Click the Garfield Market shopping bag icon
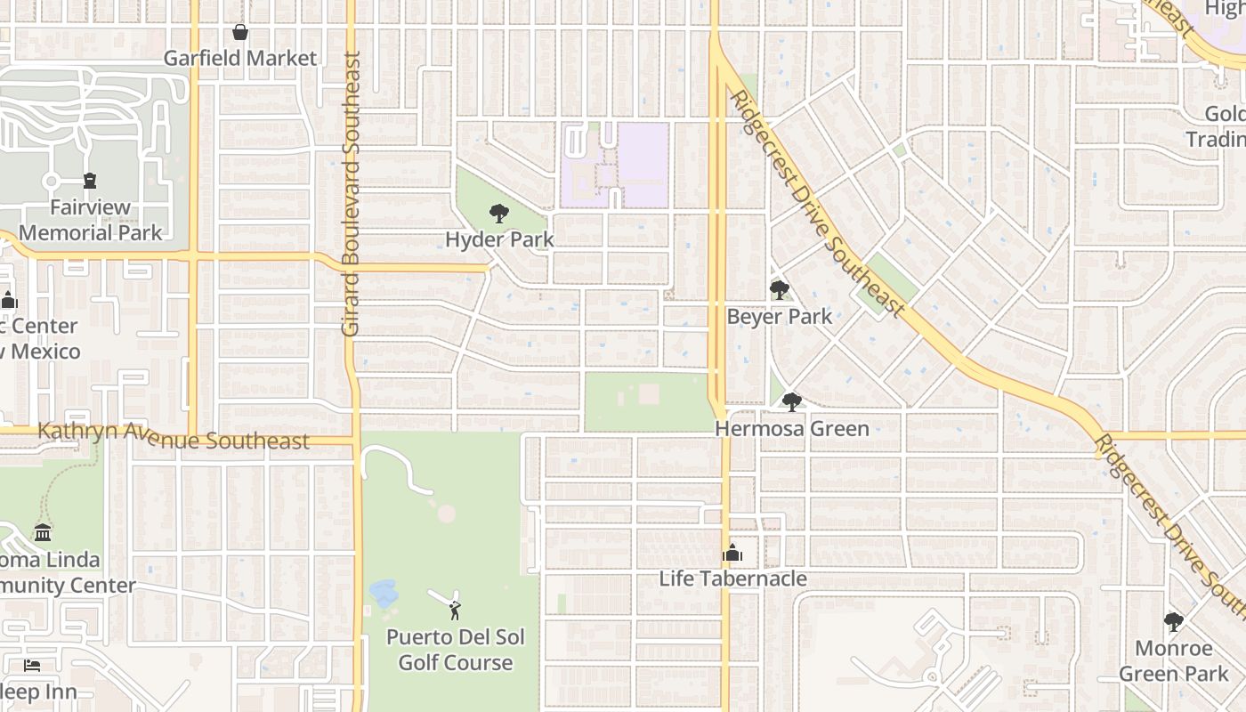tap(240, 33)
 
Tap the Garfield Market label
tap(240, 59)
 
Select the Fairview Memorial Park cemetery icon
tap(90, 182)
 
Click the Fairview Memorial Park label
tap(91, 221)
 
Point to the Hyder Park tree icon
tap(499, 214)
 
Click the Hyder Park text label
tap(499, 239)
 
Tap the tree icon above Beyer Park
tap(780, 290)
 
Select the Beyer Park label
tap(780, 317)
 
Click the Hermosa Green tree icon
tap(792, 402)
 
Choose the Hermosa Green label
tap(792, 429)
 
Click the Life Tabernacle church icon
tap(732, 554)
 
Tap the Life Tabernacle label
tap(732, 579)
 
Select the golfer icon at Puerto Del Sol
tap(455, 610)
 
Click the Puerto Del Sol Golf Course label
tap(455, 650)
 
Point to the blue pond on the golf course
tap(384, 593)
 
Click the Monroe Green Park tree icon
tap(1174, 622)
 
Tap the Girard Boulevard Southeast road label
tap(351, 194)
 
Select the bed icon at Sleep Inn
tap(31, 666)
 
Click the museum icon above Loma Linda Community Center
tap(43, 533)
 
